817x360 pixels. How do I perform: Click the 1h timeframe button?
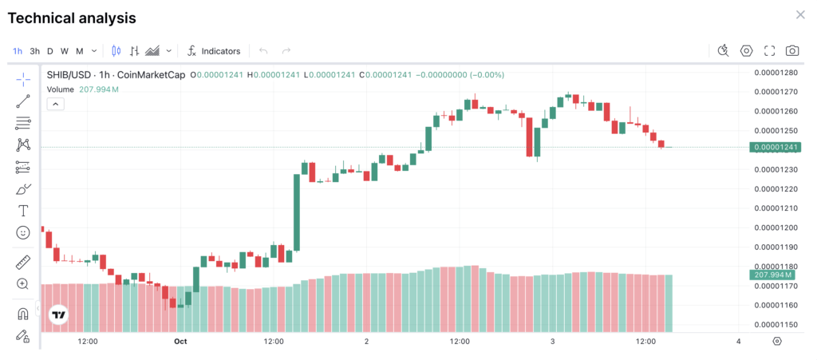(x=17, y=51)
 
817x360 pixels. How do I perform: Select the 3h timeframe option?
(x=34, y=51)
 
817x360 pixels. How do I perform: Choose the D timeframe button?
(x=49, y=51)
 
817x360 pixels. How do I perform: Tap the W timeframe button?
(x=64, y=51)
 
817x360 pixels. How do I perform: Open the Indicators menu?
(x=213, y=51)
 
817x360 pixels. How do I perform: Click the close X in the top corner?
(x=800, y=15)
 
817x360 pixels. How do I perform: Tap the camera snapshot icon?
(x=792, y=51)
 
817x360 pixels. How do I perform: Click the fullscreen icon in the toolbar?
(x=769, y=51)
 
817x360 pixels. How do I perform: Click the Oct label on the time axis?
(x=180, y=342)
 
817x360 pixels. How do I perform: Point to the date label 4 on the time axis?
(x=739, y=342)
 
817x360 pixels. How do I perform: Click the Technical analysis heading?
(x=72, y=18)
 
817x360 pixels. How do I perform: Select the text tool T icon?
(x=23, y=211)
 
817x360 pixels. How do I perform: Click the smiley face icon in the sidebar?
(x=23, y=232)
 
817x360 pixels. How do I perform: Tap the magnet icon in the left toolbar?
(x=23, y=314)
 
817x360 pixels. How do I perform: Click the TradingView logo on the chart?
(x=58, y=315)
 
